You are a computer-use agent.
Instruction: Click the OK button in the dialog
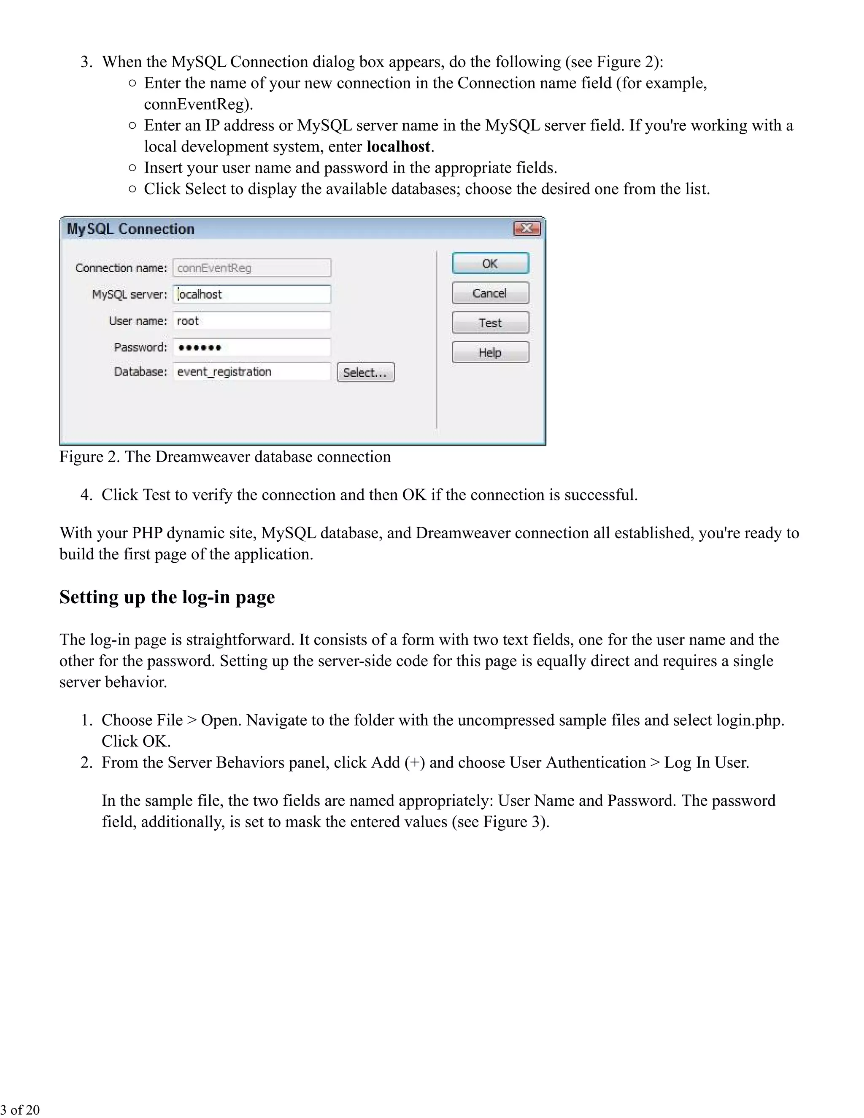pos(490,264)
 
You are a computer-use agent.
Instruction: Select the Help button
pos(490,353)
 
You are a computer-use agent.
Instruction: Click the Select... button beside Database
pos(365,373)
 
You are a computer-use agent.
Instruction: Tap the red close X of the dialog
pos(526,228)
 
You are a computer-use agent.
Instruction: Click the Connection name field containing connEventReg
pos(251,268)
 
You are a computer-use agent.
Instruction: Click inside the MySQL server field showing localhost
pos(251,294)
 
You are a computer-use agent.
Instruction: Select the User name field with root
pos(251,321)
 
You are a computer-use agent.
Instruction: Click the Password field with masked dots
pos(251,348)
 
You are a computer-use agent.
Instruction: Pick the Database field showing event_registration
pos(251,372)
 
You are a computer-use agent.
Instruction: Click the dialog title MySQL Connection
pos(130,229)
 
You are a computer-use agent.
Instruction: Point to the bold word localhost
pos(398,147)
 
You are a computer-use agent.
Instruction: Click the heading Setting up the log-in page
pos(167,597)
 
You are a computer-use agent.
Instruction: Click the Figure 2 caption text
pos(225,456)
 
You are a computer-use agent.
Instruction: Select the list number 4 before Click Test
pos(86,495)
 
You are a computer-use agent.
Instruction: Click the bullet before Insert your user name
pos(132,168)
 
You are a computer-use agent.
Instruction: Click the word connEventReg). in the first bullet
pos(198,105)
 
